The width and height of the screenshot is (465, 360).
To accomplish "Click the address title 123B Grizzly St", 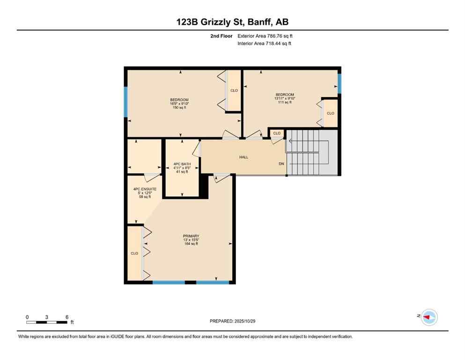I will pos(232,22).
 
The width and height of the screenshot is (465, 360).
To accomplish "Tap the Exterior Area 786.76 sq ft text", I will pos(265,36).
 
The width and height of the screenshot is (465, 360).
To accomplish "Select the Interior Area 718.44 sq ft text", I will pos(264,44).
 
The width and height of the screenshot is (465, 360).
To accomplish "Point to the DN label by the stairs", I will pos(281,164).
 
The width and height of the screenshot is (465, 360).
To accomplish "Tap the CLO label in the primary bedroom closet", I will pos(134,253).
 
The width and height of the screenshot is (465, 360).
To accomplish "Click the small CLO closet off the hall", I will pos(277,133).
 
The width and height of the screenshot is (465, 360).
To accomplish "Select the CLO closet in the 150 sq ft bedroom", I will pos(234,90).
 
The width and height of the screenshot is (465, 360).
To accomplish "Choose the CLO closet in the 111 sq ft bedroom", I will pos(331,113).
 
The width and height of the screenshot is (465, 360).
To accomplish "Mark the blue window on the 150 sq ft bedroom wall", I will pos(125,102).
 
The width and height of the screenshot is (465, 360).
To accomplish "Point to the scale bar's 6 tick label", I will pos(66,317).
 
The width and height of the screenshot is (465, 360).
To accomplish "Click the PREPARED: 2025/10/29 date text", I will pos(232,321).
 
